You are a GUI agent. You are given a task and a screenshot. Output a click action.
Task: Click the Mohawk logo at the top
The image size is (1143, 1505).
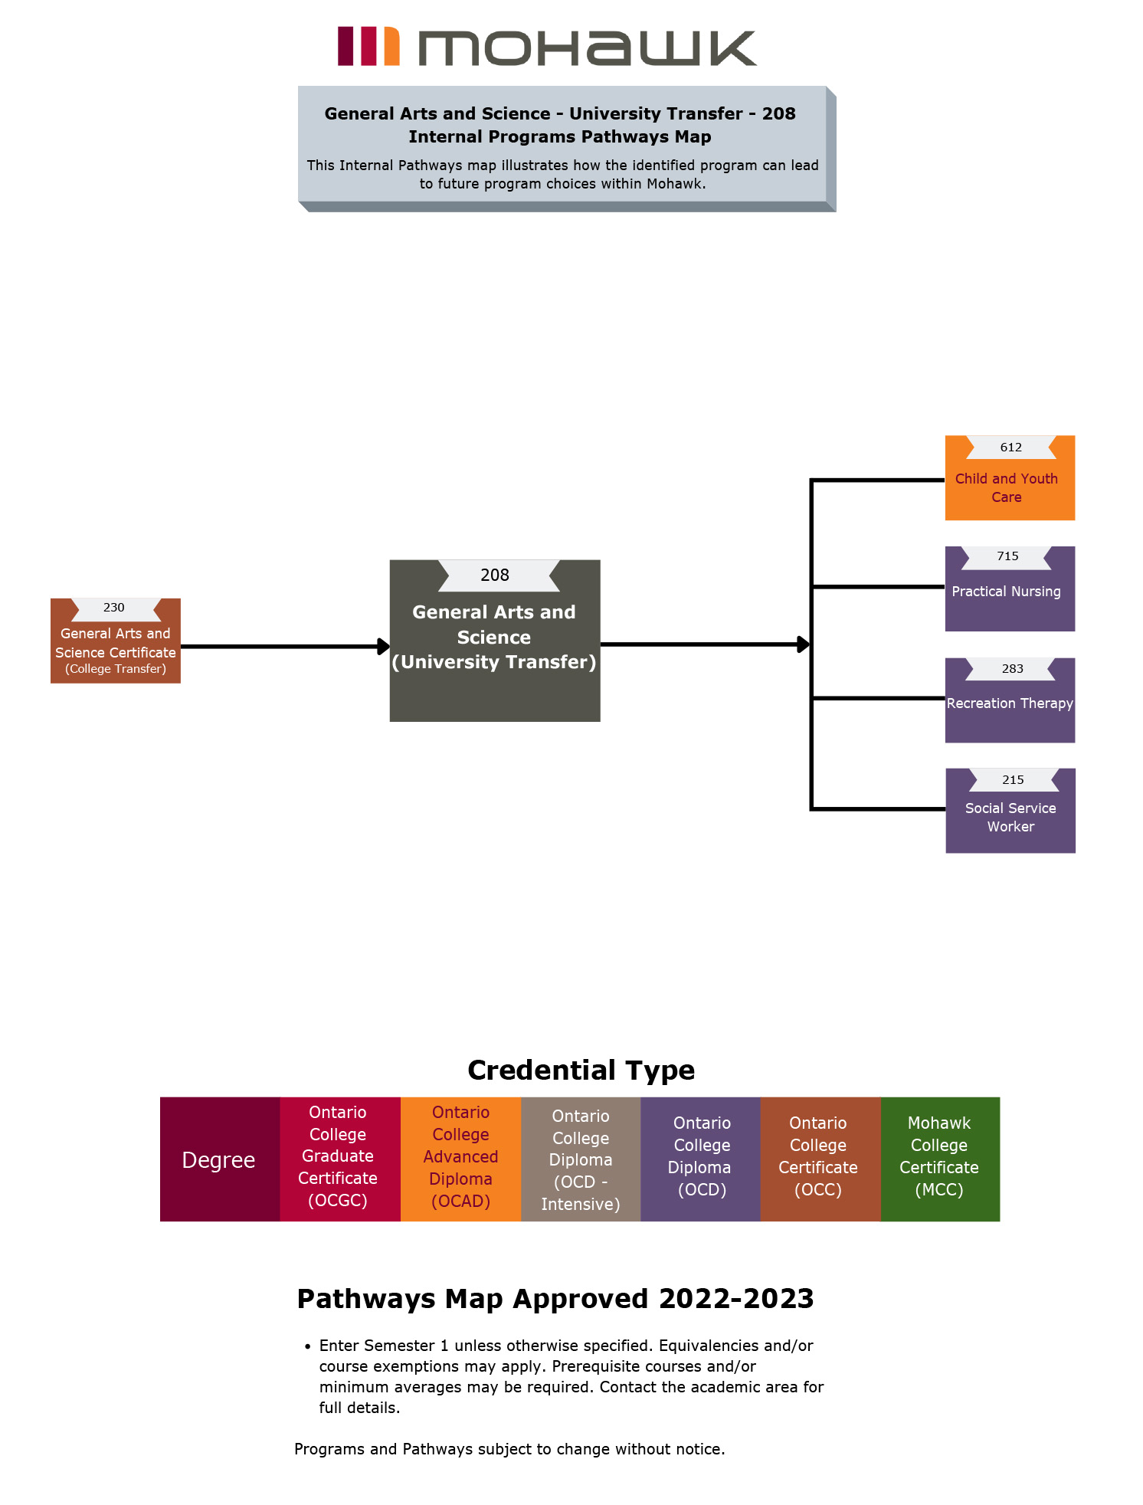(547, 48)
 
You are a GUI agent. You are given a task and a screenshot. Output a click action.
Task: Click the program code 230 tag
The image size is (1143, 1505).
(114, 608)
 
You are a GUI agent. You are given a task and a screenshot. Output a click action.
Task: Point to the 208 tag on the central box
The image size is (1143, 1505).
(495, 575)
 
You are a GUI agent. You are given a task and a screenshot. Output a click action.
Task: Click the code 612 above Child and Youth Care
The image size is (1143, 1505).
(1010, 448)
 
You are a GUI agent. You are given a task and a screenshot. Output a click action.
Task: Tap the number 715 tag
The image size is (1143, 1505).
(1007, 556)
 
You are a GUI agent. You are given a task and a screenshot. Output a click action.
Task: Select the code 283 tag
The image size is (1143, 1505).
(1012, 669)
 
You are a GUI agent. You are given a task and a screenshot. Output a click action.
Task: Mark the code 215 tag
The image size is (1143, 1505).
(1013, 780)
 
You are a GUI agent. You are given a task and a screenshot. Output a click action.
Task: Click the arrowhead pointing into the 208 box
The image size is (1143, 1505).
(384, 647)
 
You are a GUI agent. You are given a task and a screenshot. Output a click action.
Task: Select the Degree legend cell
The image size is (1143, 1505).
(219, 1159)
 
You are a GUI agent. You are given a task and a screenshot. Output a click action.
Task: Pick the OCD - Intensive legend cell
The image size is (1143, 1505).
(581, 1159)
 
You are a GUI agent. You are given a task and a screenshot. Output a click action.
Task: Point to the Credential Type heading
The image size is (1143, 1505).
(581, 1070)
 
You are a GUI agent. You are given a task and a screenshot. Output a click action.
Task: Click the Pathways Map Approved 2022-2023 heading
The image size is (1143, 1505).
(555, 1299)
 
